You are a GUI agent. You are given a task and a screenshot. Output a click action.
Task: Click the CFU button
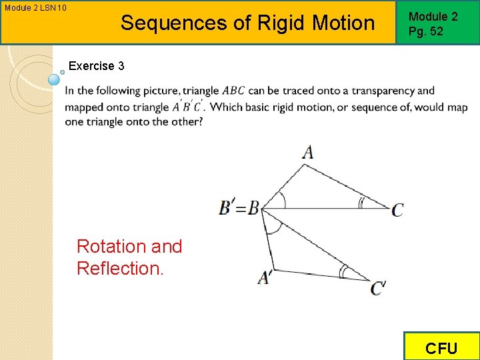pos(441,347)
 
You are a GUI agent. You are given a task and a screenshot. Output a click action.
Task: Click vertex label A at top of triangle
pos(307,152)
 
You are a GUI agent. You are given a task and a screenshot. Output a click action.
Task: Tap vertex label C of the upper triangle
pos(397,210)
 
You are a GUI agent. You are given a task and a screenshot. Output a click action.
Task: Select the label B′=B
pos(239,208)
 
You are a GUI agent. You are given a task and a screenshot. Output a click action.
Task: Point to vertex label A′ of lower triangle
pos(264,277)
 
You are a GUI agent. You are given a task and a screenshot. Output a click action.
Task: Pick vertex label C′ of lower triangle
pos(379,288)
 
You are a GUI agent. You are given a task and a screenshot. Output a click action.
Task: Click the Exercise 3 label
pos(96,66)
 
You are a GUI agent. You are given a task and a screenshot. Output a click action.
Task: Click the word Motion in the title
pos(344,23)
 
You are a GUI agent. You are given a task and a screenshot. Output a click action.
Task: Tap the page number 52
pos(436,31)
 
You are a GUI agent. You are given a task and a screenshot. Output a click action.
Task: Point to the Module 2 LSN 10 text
pos(35,8)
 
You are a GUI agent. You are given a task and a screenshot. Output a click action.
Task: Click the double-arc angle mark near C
pos(362,203)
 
